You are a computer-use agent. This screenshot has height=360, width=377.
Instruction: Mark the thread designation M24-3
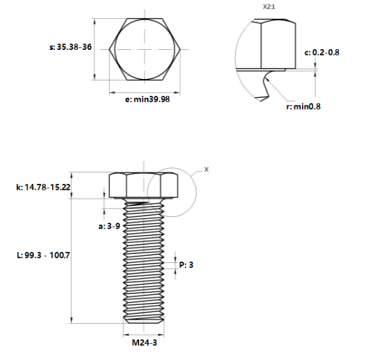(x=142, y=343)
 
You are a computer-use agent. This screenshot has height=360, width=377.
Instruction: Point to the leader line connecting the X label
(x=197, y=172)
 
